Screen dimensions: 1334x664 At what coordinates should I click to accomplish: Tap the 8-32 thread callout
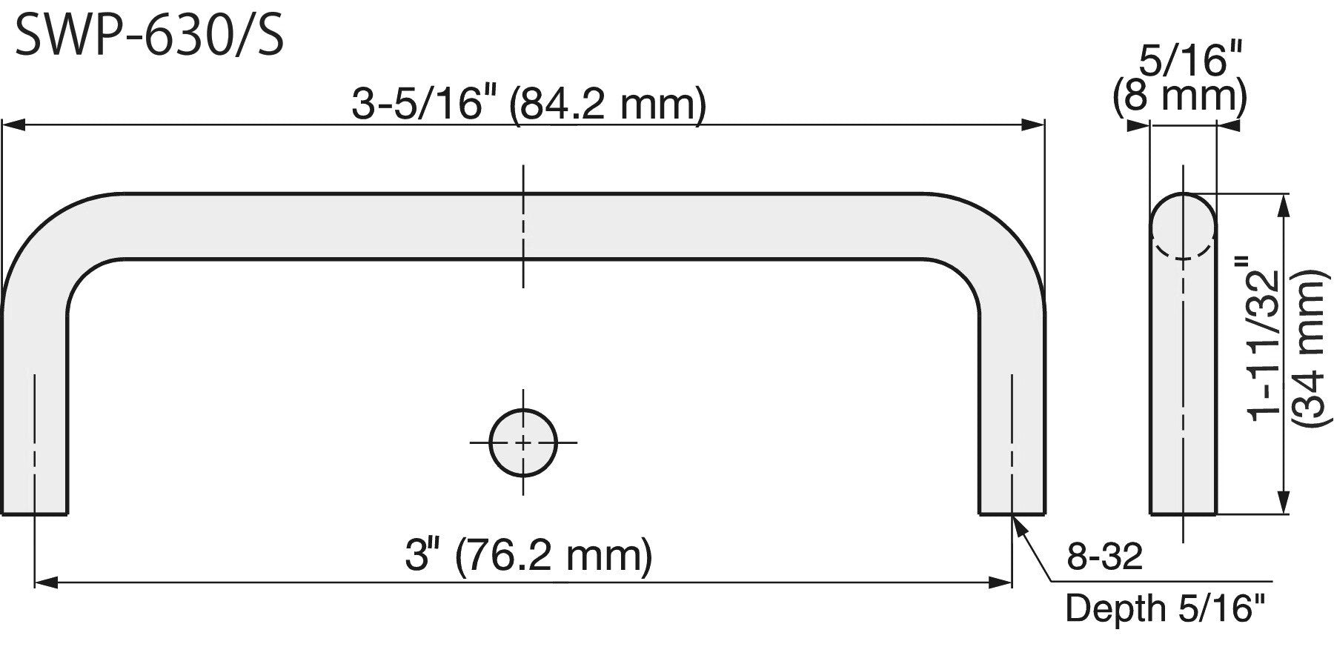[x=1105, y=557]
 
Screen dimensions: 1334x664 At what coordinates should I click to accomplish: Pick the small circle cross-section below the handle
[x=523, y=442]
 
